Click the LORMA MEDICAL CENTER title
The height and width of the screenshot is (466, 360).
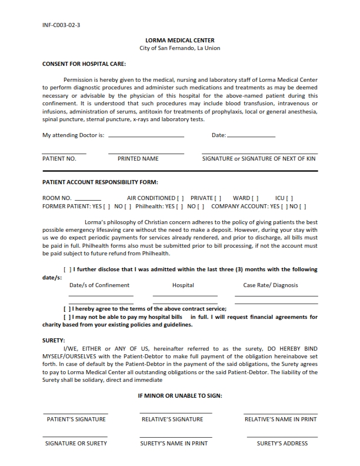point(179,41)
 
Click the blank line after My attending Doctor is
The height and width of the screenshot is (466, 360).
point(146,136)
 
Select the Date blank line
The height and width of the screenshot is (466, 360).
point(251,136)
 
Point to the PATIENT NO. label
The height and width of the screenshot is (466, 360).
point(59,159)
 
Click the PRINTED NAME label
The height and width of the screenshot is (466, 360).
point(138,159)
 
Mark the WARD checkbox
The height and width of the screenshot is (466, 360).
point(255,198)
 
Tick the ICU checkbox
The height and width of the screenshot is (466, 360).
point(290,198)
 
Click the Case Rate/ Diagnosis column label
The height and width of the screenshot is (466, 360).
point(271,285)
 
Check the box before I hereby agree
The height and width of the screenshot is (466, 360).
point(67,308)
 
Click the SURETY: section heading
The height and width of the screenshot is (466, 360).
point(54,340)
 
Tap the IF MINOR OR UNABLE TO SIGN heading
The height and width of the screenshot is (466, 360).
point(180,395)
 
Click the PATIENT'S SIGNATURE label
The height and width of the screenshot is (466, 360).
point(76,420)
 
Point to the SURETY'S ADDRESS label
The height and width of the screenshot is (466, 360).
point(282,444)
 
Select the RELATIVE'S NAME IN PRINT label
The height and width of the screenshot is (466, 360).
point(281,420)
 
